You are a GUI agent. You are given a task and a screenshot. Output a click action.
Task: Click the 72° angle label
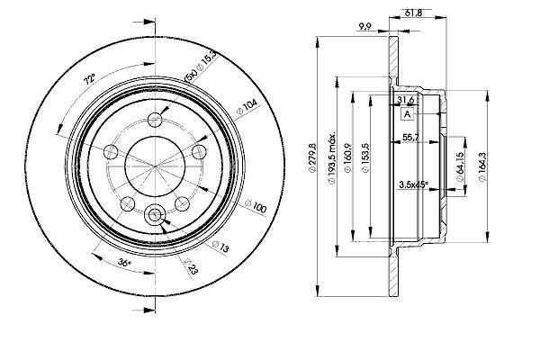[x=89, y=80]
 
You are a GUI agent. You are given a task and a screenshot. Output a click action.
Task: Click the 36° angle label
[x=125, y=262]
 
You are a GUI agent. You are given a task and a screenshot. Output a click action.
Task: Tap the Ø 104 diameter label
[x=247, y=107]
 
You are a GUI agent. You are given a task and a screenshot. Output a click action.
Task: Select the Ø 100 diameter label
[x=256, y=206]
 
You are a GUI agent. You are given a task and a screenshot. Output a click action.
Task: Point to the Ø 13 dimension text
[x=220, y=247]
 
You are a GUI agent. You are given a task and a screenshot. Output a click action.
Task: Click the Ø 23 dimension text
[x=192, y=266]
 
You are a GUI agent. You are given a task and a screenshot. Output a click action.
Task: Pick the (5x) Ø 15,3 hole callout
[x=201, y=66]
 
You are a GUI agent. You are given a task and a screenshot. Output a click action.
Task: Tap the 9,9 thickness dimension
[x=364, y=26]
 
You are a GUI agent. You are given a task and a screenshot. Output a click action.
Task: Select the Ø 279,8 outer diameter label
[x=312, y=158]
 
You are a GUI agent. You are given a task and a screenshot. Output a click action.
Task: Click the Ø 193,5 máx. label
[x=332, y=157]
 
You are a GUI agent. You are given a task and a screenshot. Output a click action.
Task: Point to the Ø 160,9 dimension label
[x=347, y=157]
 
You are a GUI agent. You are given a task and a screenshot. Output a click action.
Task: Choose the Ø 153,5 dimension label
[x=365, y=157]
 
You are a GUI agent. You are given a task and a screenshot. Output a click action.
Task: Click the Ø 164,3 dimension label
[x=482, y=166]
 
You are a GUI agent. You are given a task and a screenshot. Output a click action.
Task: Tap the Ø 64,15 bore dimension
[x=459, y=166]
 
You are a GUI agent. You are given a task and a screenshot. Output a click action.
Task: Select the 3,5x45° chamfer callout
[x=413, y=184]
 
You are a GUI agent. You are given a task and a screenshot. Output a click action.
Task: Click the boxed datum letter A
[x=408, y=114]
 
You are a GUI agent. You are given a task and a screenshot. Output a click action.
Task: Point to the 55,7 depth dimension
[x=411, y=137]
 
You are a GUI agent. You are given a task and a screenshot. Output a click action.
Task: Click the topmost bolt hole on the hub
[x=155, y=120]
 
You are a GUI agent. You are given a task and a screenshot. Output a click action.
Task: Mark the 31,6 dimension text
[x=406, y=100]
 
